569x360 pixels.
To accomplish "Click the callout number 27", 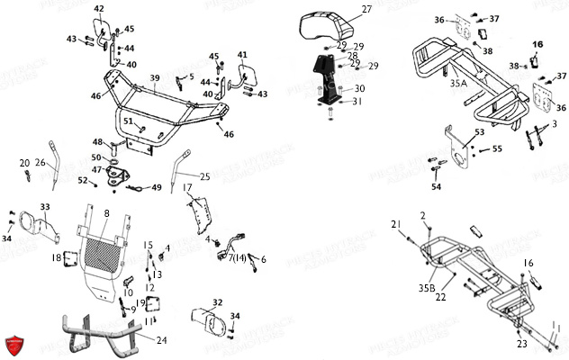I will point(366,9).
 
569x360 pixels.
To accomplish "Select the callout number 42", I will point(99,9).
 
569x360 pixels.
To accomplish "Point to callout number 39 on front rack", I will point(155,77).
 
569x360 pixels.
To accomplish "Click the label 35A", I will point(457,83).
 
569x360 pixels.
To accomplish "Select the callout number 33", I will point(45,208).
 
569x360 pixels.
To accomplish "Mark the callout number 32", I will point(217,302).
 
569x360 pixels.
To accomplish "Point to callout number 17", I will point(188,187).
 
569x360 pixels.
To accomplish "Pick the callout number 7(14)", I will point(238,258).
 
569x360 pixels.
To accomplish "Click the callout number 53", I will point(479,132).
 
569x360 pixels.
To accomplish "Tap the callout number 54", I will point(437,187).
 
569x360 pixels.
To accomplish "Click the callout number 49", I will point(157,187).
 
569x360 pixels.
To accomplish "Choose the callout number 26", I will point(41,163).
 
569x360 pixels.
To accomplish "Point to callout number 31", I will point(357,101).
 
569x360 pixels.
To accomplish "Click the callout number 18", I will point(56,258).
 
